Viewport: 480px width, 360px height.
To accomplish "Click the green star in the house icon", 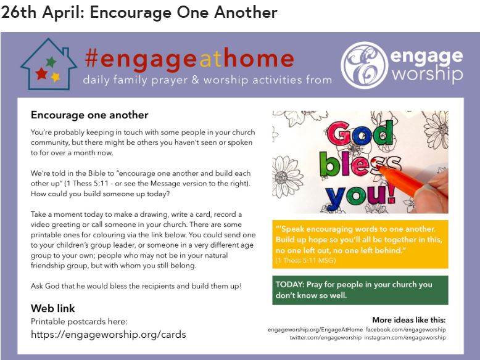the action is coord(51,62).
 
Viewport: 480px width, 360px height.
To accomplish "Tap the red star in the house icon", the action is coord(41,74).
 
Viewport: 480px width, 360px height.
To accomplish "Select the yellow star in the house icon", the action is coord(56,77).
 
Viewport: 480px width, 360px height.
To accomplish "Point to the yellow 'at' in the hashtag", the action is coord(210,59).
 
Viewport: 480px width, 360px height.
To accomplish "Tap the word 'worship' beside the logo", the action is coord(428,75).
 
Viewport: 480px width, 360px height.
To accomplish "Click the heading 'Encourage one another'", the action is coord(89,115).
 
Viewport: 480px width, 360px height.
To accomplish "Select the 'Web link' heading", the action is coord(52,308).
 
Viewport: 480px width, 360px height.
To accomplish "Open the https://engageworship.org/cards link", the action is coord(109,334).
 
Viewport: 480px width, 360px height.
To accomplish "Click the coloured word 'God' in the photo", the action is coord(360,134).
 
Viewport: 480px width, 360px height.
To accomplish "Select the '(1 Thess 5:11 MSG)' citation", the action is coord(305,261).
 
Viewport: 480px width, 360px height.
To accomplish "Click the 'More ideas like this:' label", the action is coord(409,320).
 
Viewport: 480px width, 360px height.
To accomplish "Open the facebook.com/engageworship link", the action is coord(405,330).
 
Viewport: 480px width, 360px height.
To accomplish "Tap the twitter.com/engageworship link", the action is coord(325,338).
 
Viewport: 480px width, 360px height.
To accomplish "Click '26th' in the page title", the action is coord(19,13).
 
